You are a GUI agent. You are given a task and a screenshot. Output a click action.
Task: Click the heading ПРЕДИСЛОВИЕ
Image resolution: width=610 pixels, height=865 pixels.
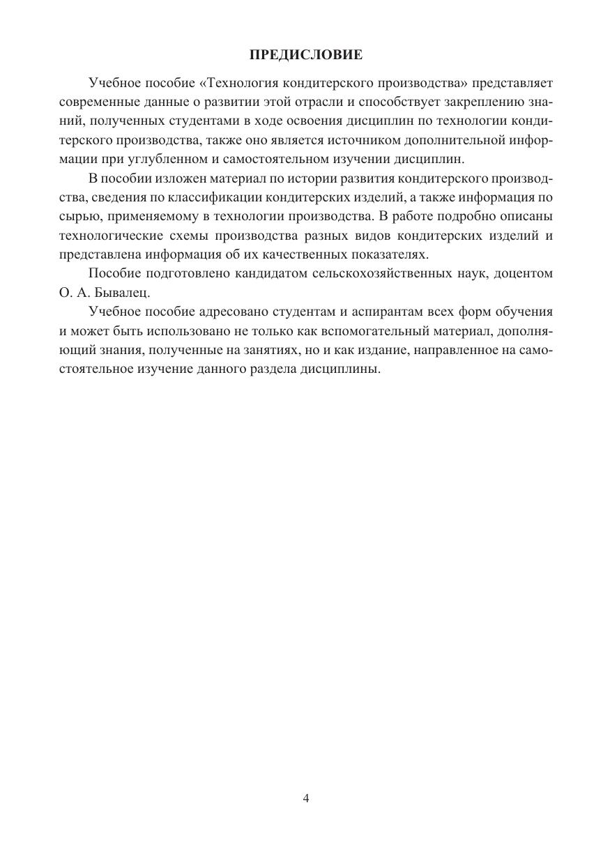305,54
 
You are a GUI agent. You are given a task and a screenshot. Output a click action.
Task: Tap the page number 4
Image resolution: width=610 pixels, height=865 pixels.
305,799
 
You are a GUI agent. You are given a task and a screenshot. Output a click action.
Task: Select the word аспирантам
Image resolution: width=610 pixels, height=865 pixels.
383,312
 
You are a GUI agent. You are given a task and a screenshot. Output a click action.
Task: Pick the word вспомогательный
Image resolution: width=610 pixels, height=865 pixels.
369,330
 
